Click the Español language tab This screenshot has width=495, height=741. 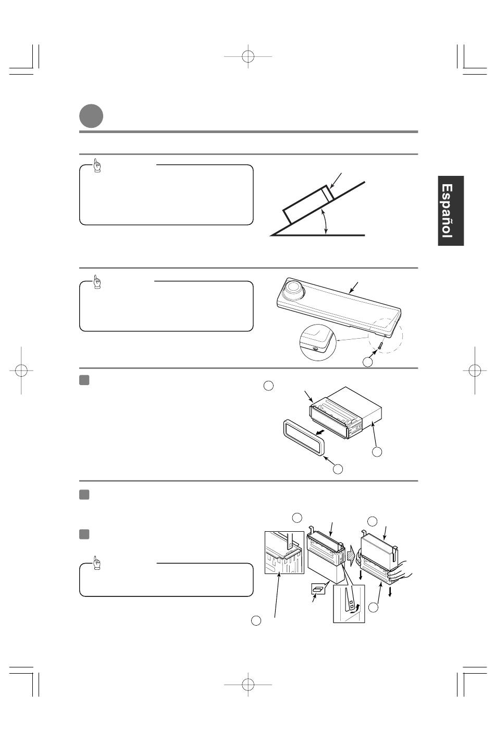[x=451, y=211]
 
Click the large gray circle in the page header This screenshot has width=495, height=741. [x=91, y=116]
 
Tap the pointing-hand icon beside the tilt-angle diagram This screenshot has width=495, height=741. [x=97, y=165]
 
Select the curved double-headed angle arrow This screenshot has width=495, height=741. [x=325, y=222]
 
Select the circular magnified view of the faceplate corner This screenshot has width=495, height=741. [x=318, y=343]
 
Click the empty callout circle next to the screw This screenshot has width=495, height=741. [x=367, y=362]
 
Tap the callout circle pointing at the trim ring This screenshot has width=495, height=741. [x=338, y=469]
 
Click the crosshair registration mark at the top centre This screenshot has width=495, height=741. [x=248, y=56]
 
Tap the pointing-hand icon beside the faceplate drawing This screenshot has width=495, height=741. [x=97, y=282]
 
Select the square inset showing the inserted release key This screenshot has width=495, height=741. [x=284, y=553]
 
